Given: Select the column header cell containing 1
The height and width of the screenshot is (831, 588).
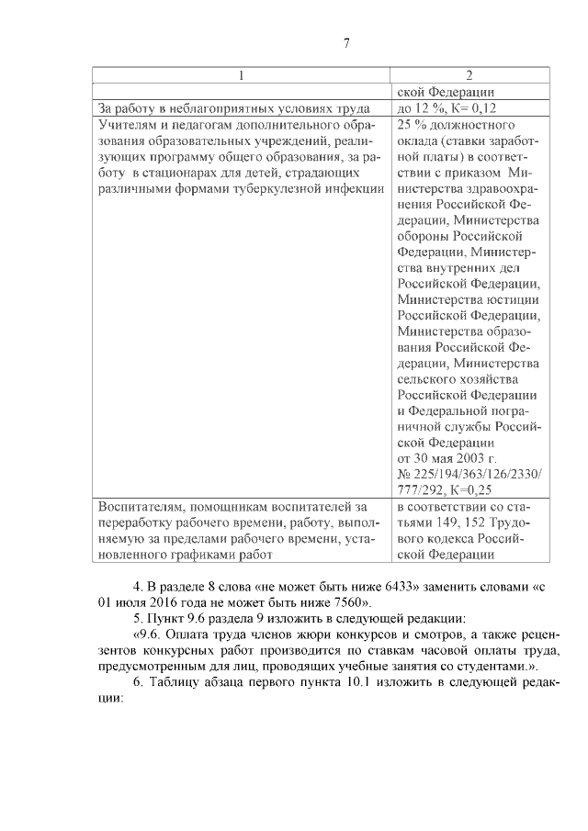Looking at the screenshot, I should (x=242, y=75).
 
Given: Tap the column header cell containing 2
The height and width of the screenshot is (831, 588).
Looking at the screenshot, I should (x=469, y=75).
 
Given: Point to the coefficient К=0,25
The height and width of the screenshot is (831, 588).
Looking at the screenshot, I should (x=458, y=490).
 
